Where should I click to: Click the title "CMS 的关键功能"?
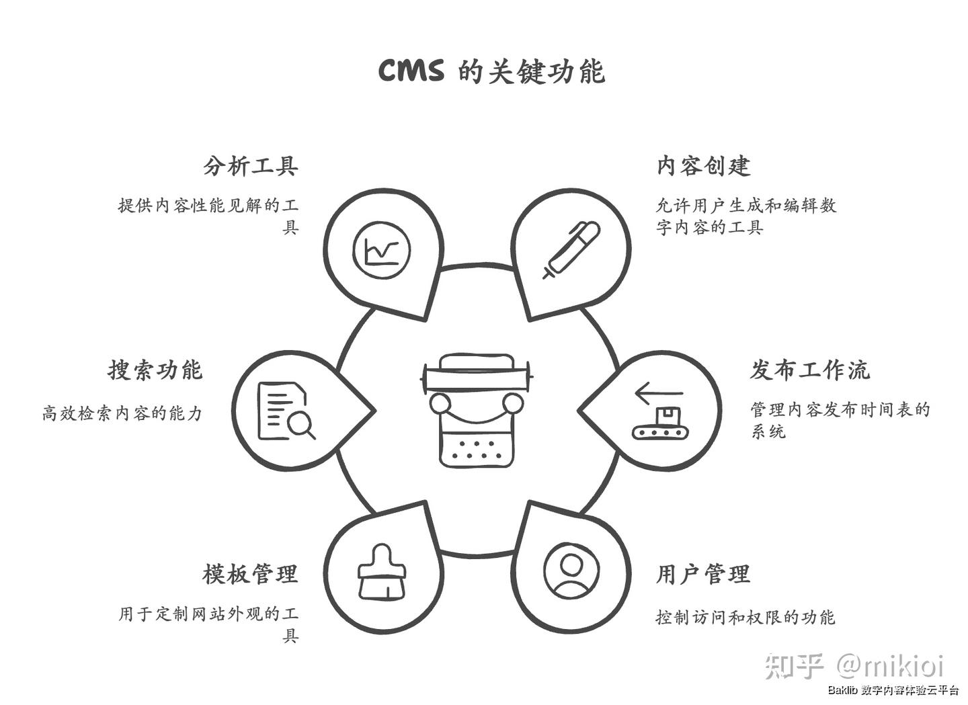[491, 71]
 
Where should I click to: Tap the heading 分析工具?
[250, 166]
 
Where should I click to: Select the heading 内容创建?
[703, 166]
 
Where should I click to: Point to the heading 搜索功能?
[155, 370]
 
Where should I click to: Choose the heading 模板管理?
[250, 574]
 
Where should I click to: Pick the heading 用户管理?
[703, 574]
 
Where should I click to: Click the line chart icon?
[382, 250]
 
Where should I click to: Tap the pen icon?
[571, 249]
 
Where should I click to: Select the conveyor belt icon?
[659, 429]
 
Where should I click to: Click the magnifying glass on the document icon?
[300, 425]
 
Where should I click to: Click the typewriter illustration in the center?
[477, 409]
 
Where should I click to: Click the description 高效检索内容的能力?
[122, 413]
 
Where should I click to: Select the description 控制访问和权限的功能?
[745, 616]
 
